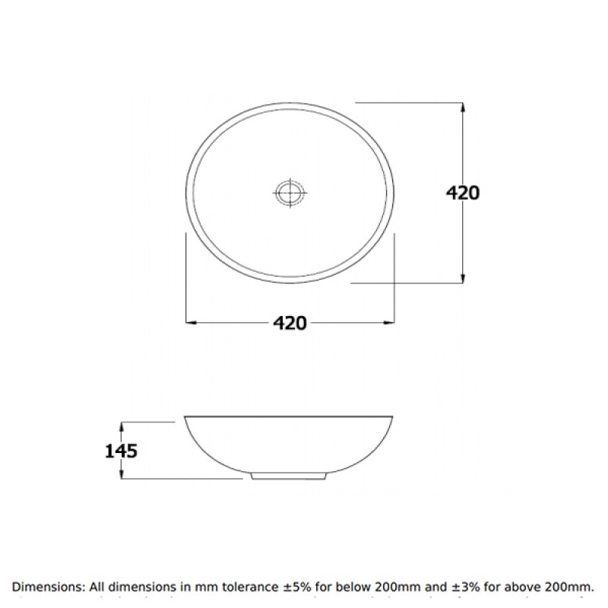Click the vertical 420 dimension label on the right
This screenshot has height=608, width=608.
(462, 193)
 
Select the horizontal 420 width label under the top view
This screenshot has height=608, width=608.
(290, 323)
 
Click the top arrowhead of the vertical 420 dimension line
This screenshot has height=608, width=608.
(463, 106)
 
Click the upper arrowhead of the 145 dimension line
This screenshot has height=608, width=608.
(122, 425)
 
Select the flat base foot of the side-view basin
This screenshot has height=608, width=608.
(290, 476)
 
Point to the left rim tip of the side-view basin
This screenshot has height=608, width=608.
(186, 417)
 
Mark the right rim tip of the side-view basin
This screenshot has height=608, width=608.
(393, 417)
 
